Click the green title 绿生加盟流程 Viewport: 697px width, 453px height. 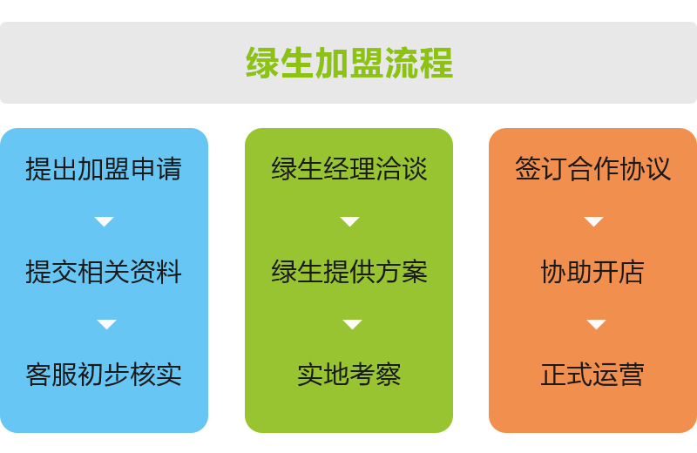pyautogui.click(x=349, y=63)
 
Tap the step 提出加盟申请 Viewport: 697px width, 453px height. pyautogui.click(x=104, y=169)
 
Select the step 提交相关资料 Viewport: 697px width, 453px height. pyautogui.click(x=104, y=272)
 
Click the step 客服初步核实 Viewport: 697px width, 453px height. pyautogui.click(x=104, y=375)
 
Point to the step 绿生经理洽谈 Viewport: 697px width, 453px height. pyautogui.click(x=349, y=169)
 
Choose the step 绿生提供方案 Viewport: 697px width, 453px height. pyautogui.click(x=349, y=272)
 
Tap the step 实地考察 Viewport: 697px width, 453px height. pyautogui.click(x=349, y=375)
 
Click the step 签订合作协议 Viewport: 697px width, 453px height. pyautogui.click(x=593, y=169)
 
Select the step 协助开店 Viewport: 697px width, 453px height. pyautogui.click(x=593, y=272)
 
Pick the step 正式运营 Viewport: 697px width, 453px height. pyautogui.click(x=593, y=375)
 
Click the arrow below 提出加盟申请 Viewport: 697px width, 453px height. pyautogui.click(x=105, y=221)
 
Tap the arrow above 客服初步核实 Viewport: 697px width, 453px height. pyautogui.click(x=106, y=324)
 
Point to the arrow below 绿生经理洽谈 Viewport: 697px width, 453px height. pyautogui.click(x=350, y=221)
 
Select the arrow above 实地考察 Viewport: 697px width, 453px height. pyautogui.click(x=353, y=324)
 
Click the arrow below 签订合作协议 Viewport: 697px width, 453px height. pyautogui.click(x=593, y=221)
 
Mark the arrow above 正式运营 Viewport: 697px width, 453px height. pyautogui.click(x=596, y=324)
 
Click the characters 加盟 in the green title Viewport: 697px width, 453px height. pyautogui.click(x=349, y=63)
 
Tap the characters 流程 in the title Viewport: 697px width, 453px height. pyautogui.click(x=419, y=63)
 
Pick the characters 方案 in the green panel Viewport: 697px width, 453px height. pyautogui.click(x=402, y=272)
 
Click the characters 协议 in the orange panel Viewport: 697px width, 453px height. pyautogui.click(x=646, y=169)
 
